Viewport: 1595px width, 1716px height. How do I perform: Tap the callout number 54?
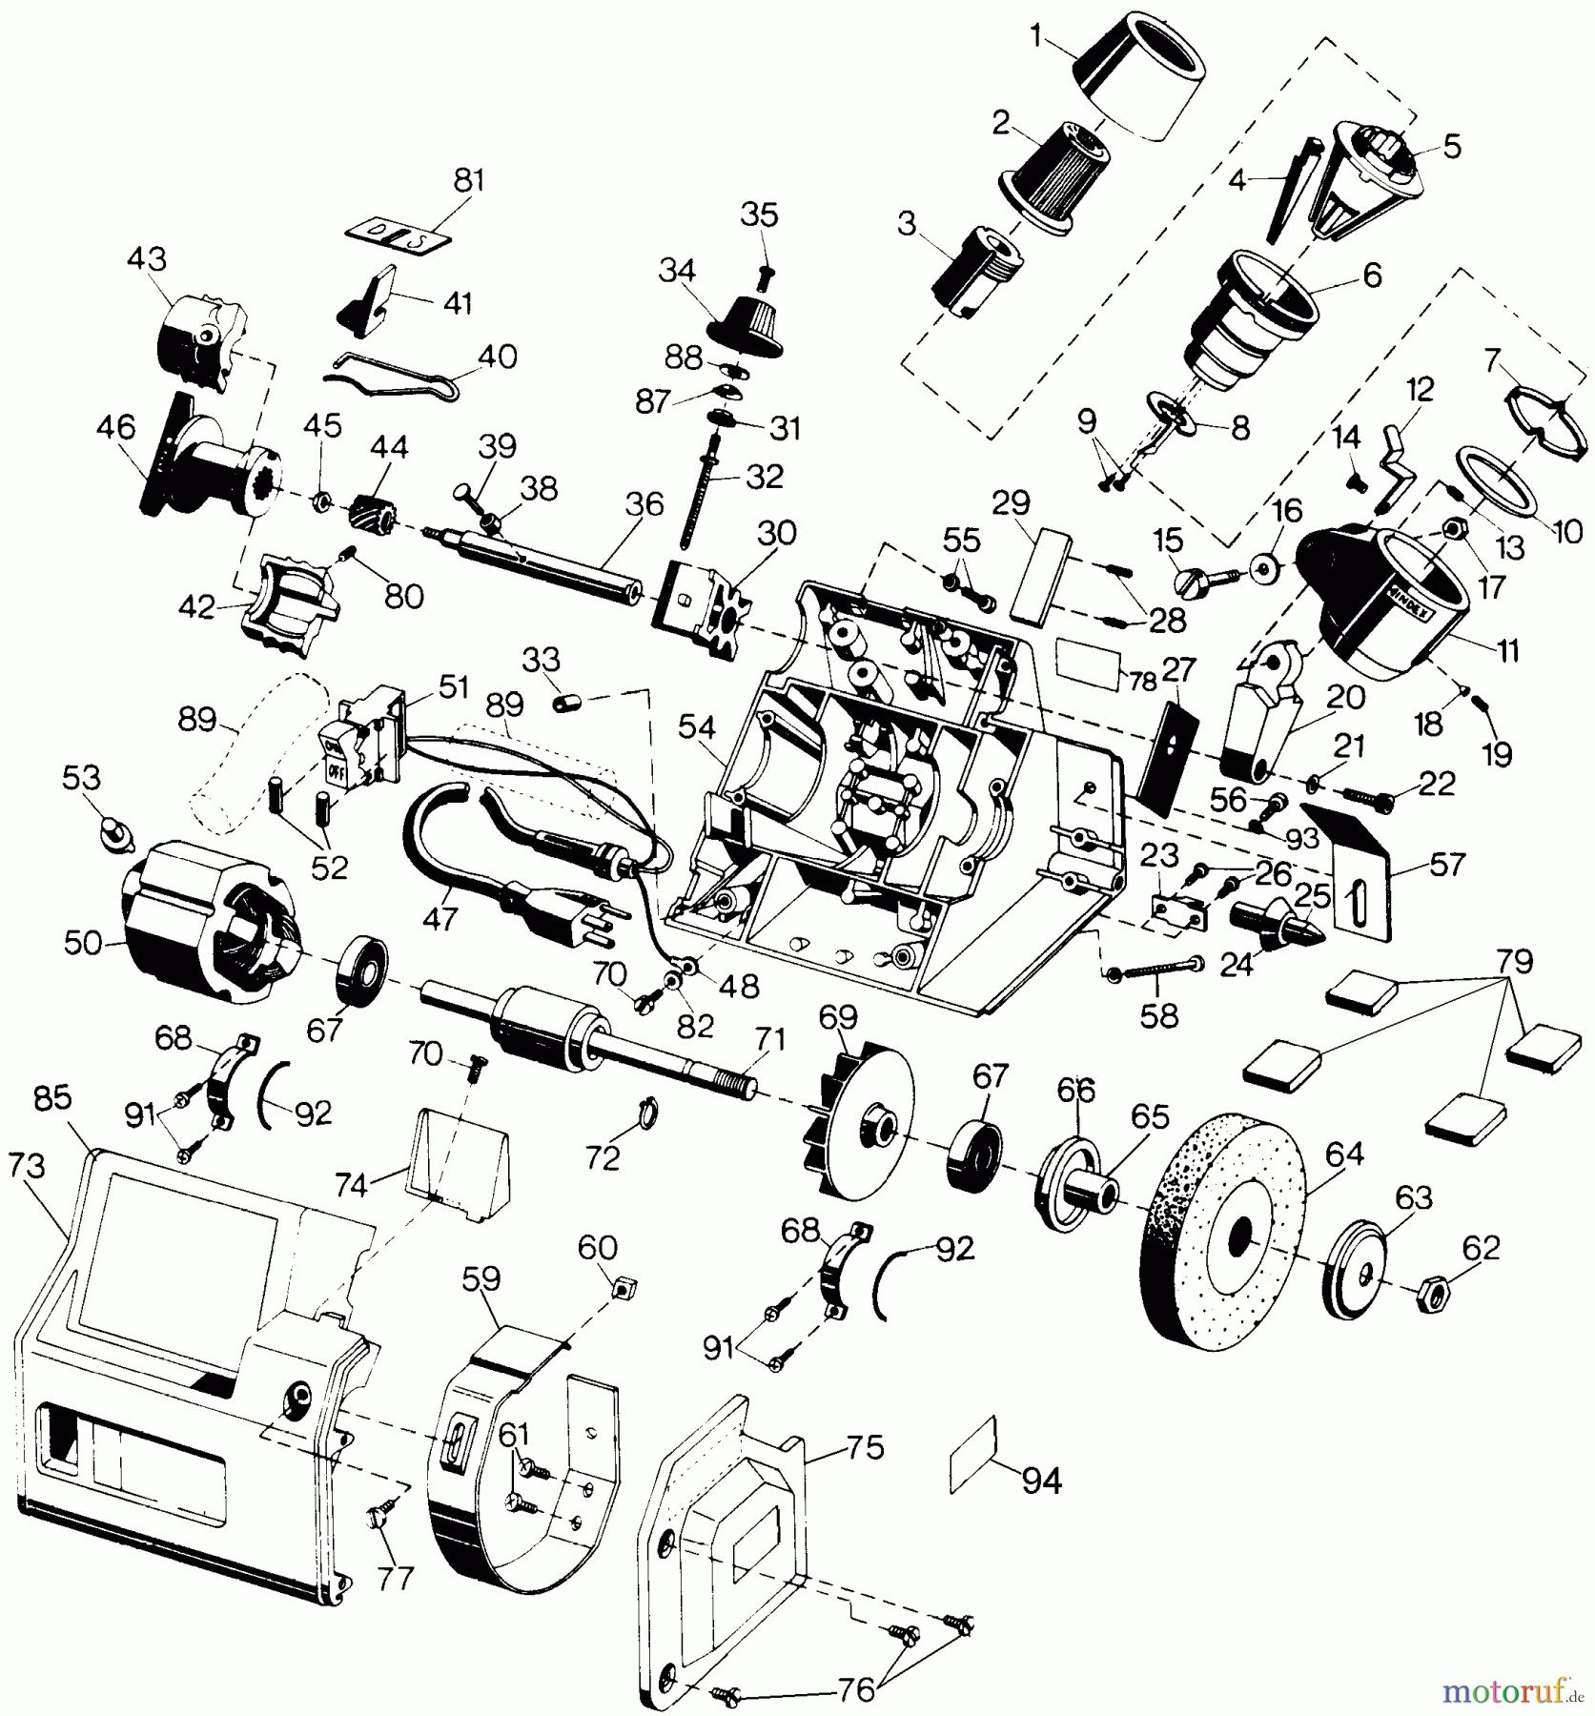click(696, 727)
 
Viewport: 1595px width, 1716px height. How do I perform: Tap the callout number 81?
click(469, 179)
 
